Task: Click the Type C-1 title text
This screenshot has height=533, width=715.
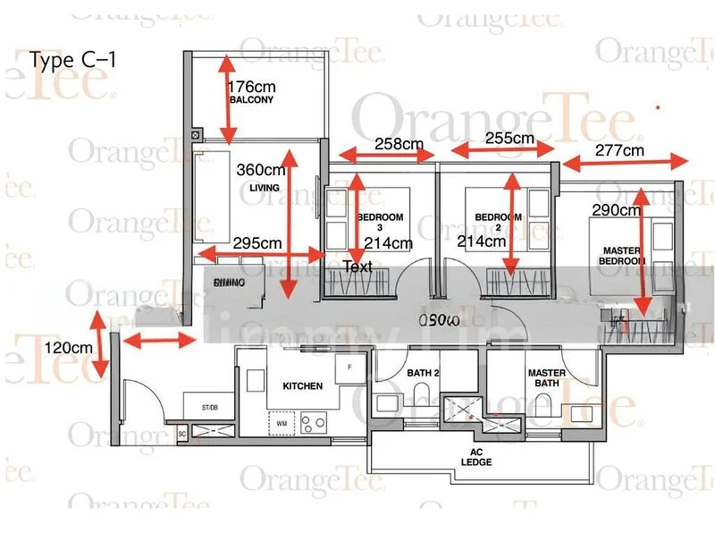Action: (72, 61)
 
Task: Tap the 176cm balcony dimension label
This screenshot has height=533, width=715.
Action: (252, 87)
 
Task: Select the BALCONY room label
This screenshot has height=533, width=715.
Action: (251, 101)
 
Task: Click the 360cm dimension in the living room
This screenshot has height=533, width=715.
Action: (262, 169)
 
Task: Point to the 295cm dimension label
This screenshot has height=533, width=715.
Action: (257, 242)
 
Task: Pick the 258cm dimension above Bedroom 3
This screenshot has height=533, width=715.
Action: (399, 143)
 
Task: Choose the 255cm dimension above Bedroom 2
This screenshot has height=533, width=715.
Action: (509, 139)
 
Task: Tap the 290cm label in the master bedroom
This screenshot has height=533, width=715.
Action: (617, 211)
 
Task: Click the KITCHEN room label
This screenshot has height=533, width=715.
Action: (302, 386)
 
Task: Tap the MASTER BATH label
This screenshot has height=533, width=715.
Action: (546, 378)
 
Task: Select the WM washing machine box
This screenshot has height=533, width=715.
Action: (282, 421)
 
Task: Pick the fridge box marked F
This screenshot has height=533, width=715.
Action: (350, 367)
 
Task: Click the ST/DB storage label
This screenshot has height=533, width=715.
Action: (209, 408)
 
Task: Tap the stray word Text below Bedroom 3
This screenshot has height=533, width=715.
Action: (357, 266)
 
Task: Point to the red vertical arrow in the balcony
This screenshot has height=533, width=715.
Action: (227, 98)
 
